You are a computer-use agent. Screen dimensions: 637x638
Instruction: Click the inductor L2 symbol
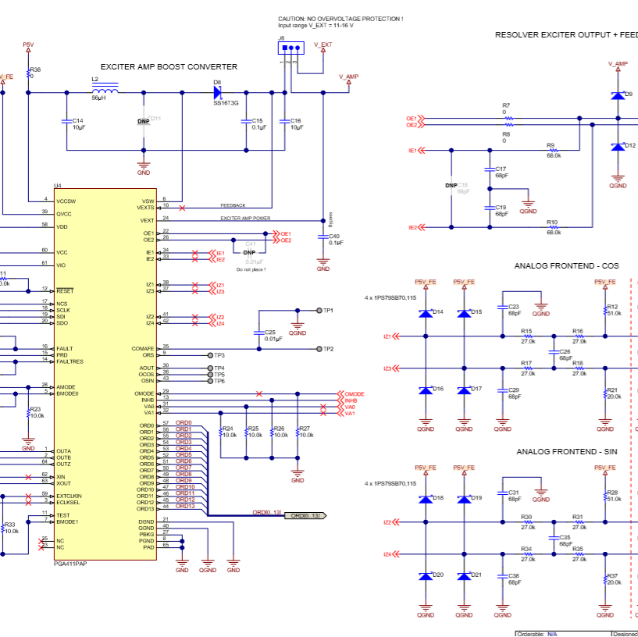tap(105, 92)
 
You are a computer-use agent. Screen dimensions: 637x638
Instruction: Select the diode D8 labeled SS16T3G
tap(218, 92)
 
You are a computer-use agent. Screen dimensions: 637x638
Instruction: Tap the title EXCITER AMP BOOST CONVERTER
tap(169, 67)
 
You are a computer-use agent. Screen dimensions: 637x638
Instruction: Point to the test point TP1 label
tap(329, 311)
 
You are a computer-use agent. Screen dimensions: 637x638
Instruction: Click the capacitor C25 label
tap(269, 332)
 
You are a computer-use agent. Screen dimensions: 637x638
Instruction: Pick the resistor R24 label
tap(228, 429)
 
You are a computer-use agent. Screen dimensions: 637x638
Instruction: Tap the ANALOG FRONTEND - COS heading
tap(566, 266)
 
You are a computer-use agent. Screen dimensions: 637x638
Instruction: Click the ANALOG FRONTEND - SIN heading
tap(567, 452)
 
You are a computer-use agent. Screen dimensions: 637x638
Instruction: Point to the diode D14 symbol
tap(426, 314)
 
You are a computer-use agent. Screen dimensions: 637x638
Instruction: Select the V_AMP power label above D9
tap(618, 64)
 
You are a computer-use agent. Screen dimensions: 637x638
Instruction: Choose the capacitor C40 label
tap(334, 236)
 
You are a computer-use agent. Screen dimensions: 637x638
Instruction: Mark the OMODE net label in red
tap(355, 394)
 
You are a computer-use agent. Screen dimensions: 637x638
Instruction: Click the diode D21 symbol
tap(465, 576)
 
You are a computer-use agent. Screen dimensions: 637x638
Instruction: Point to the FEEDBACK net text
tap(233, 205)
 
